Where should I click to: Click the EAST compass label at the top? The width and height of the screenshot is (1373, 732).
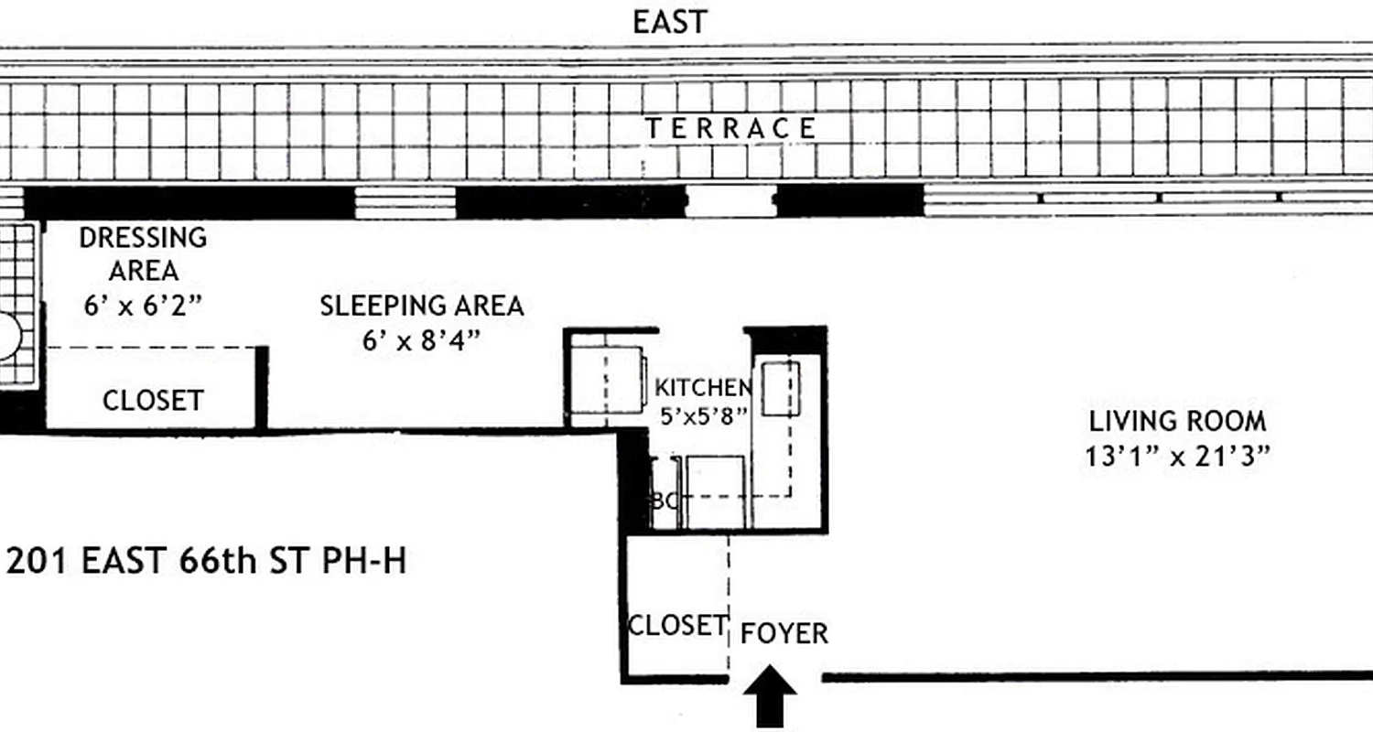[670, 22]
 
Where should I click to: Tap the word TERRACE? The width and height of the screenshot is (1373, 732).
[730, 129]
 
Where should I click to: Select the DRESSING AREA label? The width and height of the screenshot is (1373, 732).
[143, 254]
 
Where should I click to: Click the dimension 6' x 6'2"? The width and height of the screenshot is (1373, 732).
[143, 306]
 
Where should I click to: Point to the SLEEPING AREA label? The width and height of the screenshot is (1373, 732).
[421, 306]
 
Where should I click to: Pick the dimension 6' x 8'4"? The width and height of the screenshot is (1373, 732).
[421, 340]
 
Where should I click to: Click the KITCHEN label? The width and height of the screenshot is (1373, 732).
[703, 388]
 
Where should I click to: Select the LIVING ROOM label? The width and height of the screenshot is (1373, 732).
[1177, 422]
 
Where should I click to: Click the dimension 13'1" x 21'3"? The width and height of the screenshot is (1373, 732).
[1177, 457]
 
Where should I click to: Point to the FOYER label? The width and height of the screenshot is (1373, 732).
[784, 633]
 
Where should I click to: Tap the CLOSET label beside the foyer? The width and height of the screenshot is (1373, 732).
[676, 626]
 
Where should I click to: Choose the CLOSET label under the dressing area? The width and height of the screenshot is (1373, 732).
[153, 401]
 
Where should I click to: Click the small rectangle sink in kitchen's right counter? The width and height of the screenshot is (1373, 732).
[782, 389]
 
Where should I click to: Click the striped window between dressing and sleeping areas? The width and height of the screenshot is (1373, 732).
[405, 202]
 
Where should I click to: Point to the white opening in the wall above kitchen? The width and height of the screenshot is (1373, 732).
[730, 201]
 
